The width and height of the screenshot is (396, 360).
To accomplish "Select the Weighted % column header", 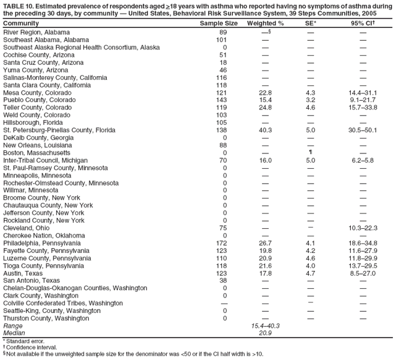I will pos(265,23).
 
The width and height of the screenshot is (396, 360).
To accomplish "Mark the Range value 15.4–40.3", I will pos(264,325).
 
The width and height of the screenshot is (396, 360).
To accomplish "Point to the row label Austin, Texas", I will pos(23,273).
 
